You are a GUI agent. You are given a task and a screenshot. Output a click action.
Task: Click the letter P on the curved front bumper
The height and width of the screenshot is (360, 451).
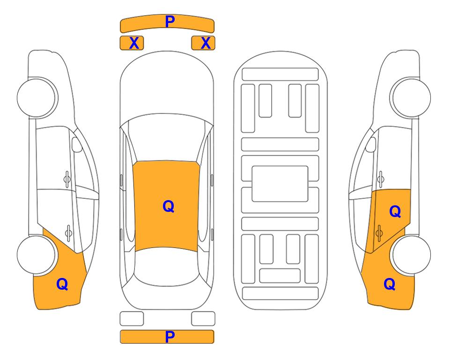pyautogui.click(x=170, y=21)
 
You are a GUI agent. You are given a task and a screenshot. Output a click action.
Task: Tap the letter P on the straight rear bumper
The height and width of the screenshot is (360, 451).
pyautogui.click(x=170, y=337)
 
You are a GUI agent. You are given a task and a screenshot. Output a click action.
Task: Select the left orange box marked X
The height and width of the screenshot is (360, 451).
pyautogui.click(x=132, y=43)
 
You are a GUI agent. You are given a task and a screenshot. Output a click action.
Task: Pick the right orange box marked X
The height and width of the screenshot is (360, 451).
pyautogui.click(x=203, y=43)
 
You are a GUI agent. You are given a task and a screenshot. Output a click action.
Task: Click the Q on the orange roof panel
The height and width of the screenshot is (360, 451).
pyautogui.click(x=169, y=206)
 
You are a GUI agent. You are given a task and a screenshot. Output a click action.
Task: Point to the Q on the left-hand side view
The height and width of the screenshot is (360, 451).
pyautogui.click(x=62, y=284)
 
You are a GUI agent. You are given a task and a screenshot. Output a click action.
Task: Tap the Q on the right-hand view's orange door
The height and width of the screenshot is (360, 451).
pyautogui.click(x=395, y=211)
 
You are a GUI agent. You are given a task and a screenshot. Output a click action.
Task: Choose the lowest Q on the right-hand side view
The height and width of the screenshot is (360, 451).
pyautogui.click(x=390, y=284)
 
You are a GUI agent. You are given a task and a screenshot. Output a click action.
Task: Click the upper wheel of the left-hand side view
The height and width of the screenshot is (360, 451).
pyautogui.click(x=37, y=98)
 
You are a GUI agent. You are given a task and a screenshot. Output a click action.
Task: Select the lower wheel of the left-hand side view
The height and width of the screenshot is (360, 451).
pyautogui.click(x=37, y=255)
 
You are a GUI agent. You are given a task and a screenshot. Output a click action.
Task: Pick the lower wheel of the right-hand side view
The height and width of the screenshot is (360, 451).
pyautogui.click(x=411, y=255)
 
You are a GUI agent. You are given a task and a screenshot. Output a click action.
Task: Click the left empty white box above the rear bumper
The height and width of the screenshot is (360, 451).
pyautogui.click(x=132, y=319)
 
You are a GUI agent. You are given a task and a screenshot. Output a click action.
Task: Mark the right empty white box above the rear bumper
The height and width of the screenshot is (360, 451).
pyautogui.click(x=203, y=319)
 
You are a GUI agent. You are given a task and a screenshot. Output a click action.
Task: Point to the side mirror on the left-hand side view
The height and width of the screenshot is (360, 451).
pyautogui.click(x=76, y=144)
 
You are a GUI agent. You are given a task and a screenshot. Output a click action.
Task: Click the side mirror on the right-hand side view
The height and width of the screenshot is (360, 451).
pyautogui.click(x=371, y=144)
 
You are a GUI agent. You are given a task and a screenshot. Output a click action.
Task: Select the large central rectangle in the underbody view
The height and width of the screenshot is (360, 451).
pyautogui.click(x=280, y=184)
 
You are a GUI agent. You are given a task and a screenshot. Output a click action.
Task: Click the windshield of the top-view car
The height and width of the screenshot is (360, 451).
pyautogui.click(x=167, y=138)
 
